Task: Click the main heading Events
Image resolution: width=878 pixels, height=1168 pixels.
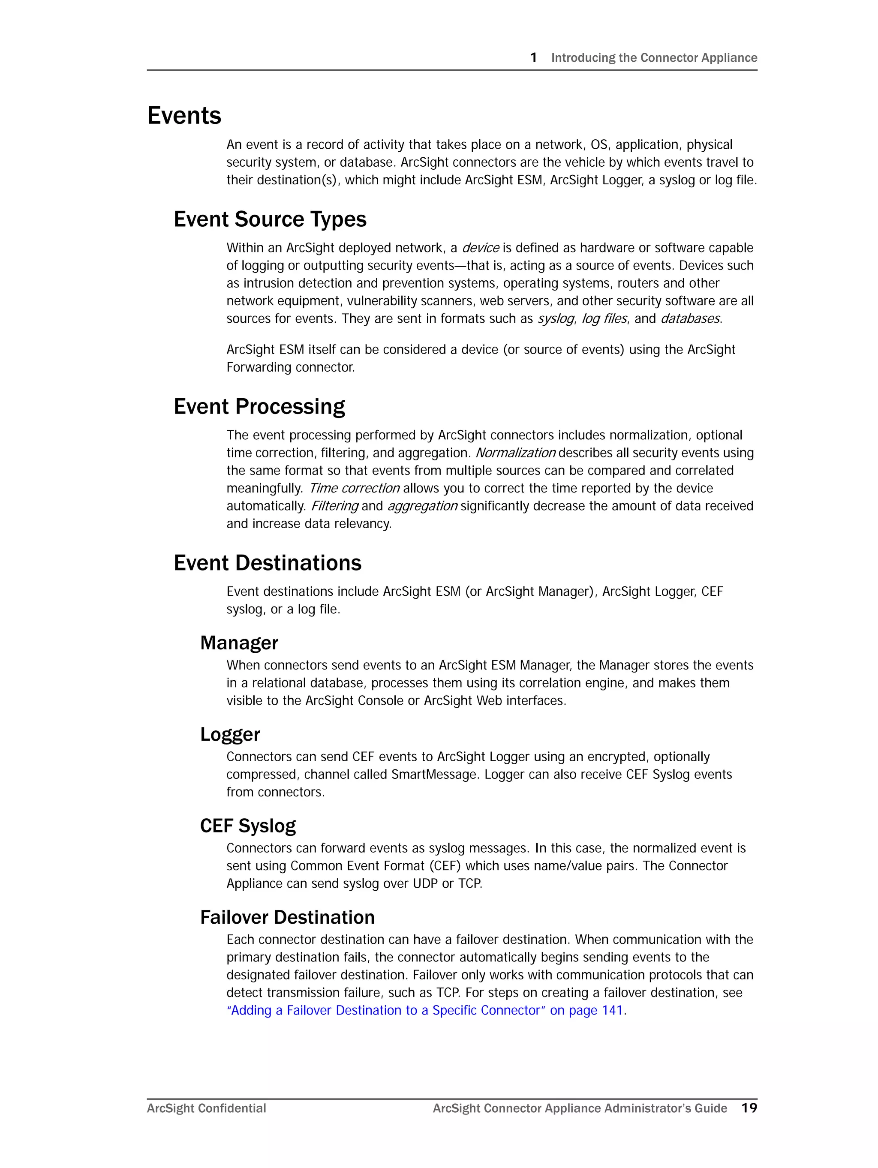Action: pos(184,115)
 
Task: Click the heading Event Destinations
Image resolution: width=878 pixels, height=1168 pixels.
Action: pos(268,562)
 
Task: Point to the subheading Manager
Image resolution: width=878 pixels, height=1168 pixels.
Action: pos(239,643)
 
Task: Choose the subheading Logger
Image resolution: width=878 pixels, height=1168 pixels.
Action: pos(230,734)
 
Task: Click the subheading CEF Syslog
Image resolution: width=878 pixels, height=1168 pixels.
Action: pos(248,825)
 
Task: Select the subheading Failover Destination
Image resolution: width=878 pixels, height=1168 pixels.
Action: pos(287,917)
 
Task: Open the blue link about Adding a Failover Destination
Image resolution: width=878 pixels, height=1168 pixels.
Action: pos(425,1010)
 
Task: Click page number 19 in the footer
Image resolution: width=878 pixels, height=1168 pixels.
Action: pos(749,1108)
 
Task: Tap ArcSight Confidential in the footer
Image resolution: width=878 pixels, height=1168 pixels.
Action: pos(206,1108)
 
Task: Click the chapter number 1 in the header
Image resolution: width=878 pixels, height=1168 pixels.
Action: pos(534,57)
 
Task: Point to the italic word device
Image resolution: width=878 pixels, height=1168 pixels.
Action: pos(480,248)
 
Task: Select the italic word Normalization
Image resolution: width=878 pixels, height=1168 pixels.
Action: pos(515,453)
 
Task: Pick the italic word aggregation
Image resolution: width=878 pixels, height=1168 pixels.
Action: pos(422,506)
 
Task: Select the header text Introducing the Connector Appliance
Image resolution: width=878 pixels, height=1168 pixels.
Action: pos(654,57)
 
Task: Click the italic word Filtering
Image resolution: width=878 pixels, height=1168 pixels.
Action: pos(334,506)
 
